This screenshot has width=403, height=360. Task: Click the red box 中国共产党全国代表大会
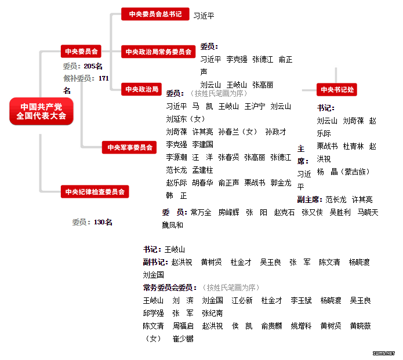click(x=41, y=111)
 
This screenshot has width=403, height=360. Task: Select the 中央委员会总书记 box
click(x=155, y=14)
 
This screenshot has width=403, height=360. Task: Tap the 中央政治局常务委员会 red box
click(x=158, y=52)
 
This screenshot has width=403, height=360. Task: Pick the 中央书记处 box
click(x=337, y=89)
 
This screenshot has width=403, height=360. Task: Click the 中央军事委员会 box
click(x=129, y=147)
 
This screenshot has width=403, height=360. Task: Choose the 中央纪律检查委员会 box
click(x=95, y=191)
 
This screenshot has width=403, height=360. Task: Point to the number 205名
click(x=93, y=66)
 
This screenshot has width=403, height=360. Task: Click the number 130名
click(x=103, y=222)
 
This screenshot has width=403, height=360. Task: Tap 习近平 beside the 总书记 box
click(x=204, y=16)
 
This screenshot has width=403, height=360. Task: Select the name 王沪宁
click(x=255, y=106)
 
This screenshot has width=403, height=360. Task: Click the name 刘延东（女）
click(x=186, y=119)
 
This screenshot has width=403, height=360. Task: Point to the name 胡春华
click(x=202, y=183)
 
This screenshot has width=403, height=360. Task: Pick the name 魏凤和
click(x=172, y=225)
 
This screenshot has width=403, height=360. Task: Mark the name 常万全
click(x=201, y=212)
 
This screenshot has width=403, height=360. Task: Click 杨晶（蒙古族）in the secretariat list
click(x=343, y=172)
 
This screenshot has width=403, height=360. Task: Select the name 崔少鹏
click(x=183, y=339)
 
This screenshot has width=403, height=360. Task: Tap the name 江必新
click(x=242, y=300)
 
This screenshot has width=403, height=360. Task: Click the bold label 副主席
click(x=310, y=199)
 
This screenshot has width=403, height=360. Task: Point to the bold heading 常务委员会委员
click(x=170, y=288)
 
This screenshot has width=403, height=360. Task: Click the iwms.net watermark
click(x=384, y=353)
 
